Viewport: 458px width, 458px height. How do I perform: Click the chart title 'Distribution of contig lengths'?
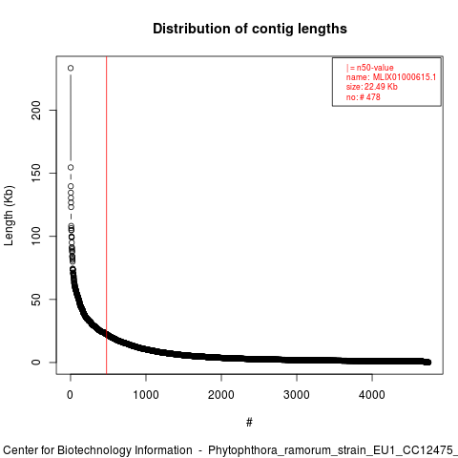(x=250, y=29)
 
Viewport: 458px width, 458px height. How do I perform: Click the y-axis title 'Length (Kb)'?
(x=9, y=216)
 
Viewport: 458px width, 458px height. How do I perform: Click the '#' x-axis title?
(x=249, y=423)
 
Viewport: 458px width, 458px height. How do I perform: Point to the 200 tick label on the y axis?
(x=36, y=110)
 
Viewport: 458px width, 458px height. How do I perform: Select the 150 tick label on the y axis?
(x=36, y=173)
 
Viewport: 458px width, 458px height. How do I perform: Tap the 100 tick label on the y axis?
(x=36, y=236)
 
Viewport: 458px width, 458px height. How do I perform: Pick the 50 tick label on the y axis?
(x=36, y=299)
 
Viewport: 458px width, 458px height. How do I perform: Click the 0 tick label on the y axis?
(x=36, y=363)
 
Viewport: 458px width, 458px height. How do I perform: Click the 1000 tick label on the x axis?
(x=146, y=395)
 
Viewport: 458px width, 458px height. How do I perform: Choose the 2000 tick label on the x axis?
(x=221, y=395)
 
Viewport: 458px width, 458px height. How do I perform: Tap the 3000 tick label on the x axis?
(x=297, y=395)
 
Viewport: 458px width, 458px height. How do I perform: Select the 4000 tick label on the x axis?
(x=372, y=395)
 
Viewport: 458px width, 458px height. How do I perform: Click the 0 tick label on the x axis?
(x=71, y=395)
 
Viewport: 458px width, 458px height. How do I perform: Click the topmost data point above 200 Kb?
(x=71, y=68)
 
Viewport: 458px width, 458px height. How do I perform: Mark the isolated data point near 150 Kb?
(x=71, y=167)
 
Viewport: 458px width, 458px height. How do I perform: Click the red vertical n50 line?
(x=107, y=216)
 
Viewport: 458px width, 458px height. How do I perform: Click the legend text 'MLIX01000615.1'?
(x=405, y=77)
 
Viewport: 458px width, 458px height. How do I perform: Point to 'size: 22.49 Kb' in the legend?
(x=372, y=87)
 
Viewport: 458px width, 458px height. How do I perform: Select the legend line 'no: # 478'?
(x=364, y=97)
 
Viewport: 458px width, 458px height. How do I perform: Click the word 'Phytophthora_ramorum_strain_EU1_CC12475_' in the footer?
(x=333, y=450)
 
